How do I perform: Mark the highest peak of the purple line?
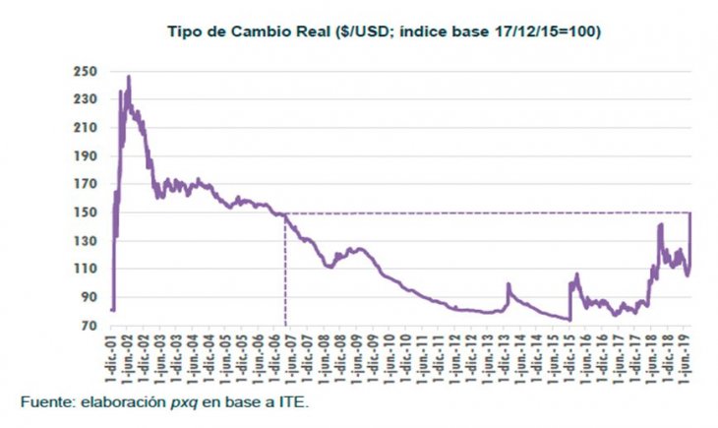[x=128, y=77]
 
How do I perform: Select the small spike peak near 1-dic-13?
[x=509, y=285]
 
